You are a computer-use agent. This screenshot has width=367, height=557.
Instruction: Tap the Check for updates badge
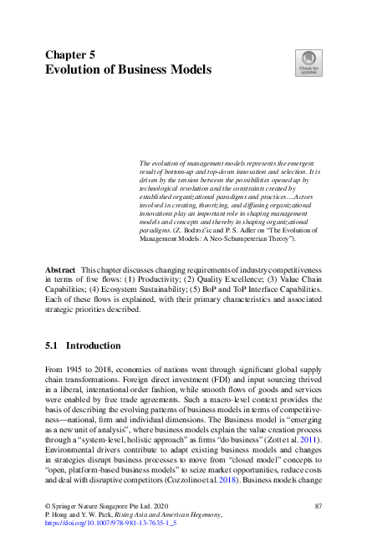[307, 63]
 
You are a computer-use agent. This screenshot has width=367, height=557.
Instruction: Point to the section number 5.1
[51, 345]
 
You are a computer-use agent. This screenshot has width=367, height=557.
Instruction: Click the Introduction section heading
[93, 345]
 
